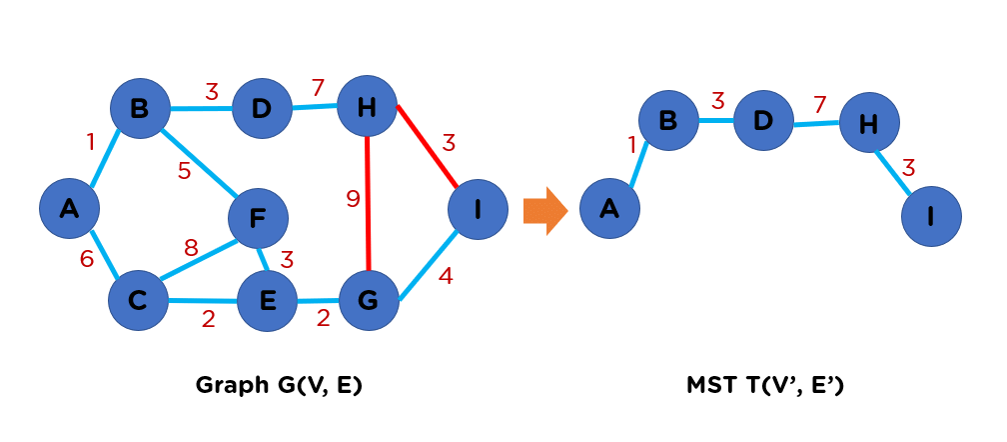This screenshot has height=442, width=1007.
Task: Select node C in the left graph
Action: tap(140, 300)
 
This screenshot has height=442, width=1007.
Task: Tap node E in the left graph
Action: tap(267, 300)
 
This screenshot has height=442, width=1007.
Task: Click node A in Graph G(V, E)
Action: tap(69, 209)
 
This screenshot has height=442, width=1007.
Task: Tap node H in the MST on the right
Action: tap(869, 123)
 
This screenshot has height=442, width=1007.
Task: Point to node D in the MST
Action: tap(763, 121)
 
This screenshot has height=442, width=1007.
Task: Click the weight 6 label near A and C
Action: tap(87, 259)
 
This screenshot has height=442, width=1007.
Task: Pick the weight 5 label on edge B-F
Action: tap(184, 171)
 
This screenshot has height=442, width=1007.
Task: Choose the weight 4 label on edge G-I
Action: tap(446, 275)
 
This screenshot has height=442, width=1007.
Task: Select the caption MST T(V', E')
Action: tap(765, 385)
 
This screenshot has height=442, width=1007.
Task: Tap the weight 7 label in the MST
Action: tap(819, 104)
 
